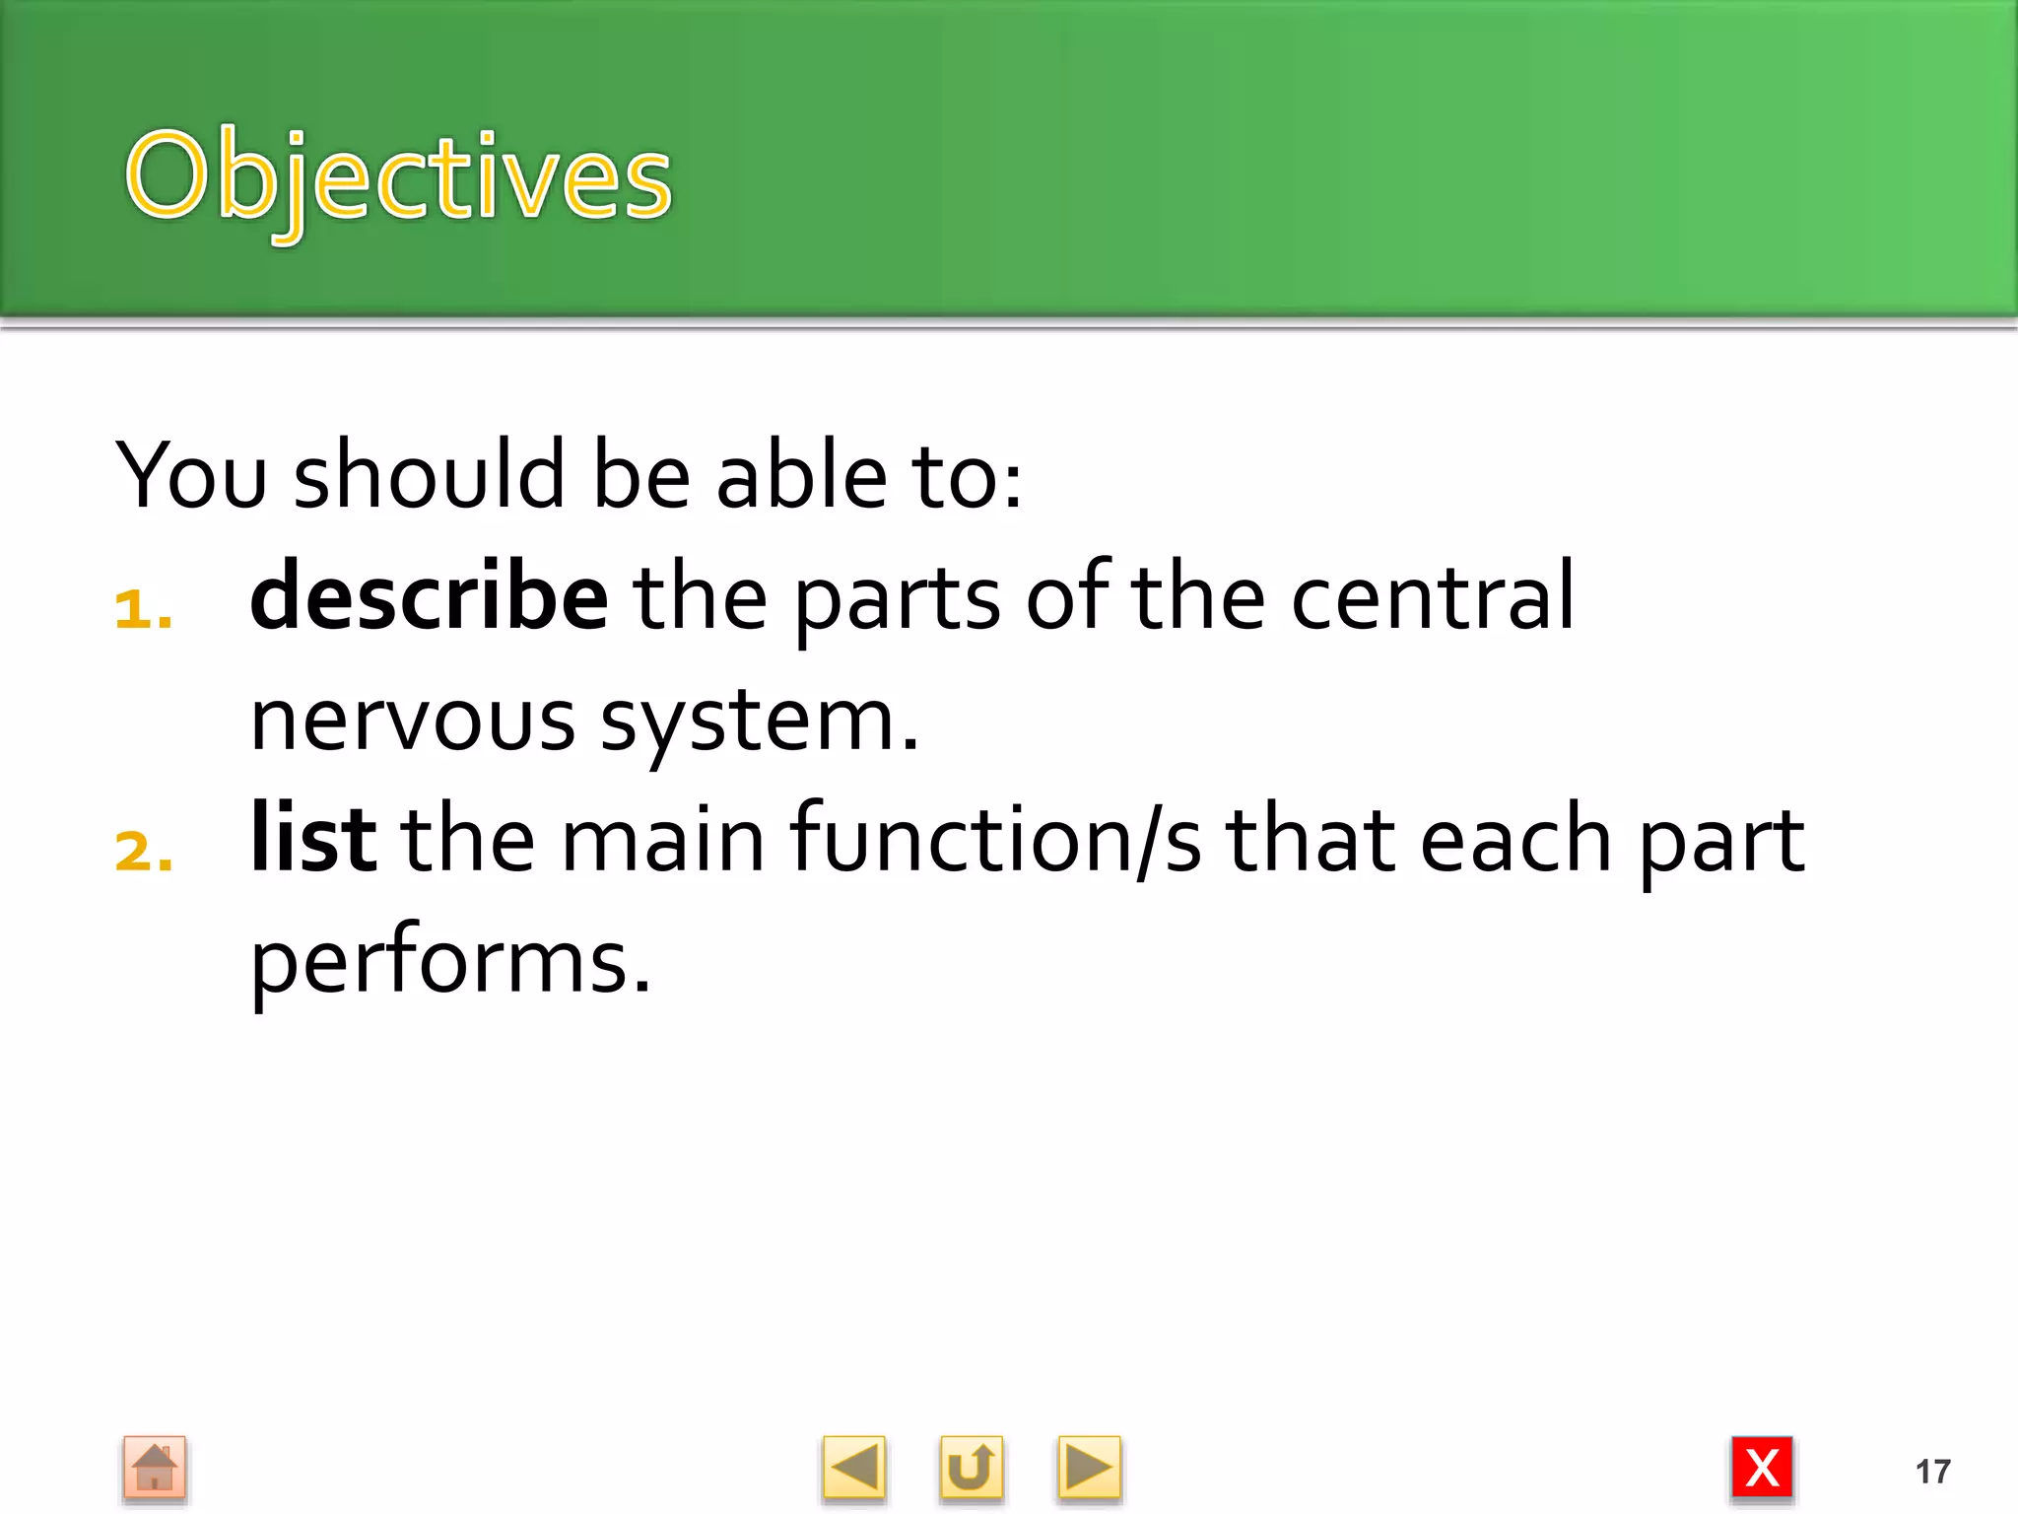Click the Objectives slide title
coord(398,177)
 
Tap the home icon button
coord(155,1469)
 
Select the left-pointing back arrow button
coord(853,1469)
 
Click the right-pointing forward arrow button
coord(1089,1469)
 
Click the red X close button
coord(1762,1469)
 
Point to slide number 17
coord(1932,1472)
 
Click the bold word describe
coord(429,597)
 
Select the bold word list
coord(312,839)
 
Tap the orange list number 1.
coord(143,610)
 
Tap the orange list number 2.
coord(144,852)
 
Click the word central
coord(1432,597)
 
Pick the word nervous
coord(412,721)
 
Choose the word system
coord(759,721)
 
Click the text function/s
coord(995,839)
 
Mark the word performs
coord(450,962)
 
